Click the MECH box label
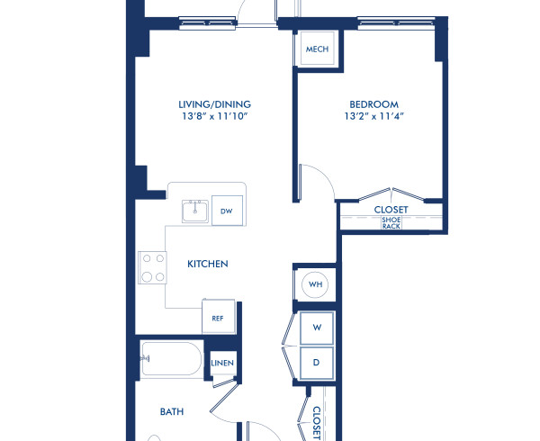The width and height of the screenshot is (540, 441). (317, 50)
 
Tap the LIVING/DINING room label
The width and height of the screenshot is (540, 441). (214, 104)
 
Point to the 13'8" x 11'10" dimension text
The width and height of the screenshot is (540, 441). (214, 117)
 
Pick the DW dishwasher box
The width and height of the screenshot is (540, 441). (227, 212)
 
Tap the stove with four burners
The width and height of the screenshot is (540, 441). (152, 266)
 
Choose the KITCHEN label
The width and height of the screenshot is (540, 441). (207, 264)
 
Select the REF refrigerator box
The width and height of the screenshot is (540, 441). (218, 318)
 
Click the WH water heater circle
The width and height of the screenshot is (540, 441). (315, 284)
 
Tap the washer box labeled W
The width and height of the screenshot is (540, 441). (317, 328)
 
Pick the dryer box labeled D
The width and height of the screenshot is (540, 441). (317, 362)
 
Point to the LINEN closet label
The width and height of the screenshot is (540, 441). (222, 363)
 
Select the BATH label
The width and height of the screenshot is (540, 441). (172, 412)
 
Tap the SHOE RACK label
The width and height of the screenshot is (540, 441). (391, 222)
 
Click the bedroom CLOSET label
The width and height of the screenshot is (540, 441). (391, 210)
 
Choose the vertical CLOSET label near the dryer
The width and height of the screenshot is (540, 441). (317, 421)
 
